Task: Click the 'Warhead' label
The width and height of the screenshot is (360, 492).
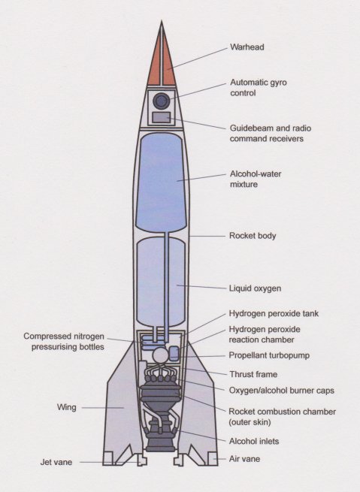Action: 247,47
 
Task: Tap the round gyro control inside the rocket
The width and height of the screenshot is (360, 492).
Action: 162,101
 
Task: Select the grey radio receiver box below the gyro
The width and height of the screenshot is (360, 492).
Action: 162,117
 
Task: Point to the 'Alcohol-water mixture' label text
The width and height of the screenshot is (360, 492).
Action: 256,179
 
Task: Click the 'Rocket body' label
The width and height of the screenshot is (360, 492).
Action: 253,236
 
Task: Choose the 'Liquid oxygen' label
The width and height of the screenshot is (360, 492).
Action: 255,288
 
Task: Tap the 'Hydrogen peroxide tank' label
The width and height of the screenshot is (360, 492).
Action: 274,313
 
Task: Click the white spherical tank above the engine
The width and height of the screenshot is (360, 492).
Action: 160,355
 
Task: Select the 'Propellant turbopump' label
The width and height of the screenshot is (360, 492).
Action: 269,355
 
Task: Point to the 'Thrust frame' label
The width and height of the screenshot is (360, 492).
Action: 253,374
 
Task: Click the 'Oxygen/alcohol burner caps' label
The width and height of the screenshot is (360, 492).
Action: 282,391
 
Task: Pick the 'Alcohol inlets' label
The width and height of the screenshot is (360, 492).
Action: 254,441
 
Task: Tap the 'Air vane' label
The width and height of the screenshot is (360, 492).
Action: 244,459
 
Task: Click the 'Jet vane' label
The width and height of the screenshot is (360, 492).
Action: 56,462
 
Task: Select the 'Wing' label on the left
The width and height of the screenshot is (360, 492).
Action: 67,407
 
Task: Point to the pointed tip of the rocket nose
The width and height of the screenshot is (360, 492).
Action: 162,21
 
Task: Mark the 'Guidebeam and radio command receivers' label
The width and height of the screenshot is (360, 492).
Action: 271,134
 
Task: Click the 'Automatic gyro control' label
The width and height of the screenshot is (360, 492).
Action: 259,88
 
